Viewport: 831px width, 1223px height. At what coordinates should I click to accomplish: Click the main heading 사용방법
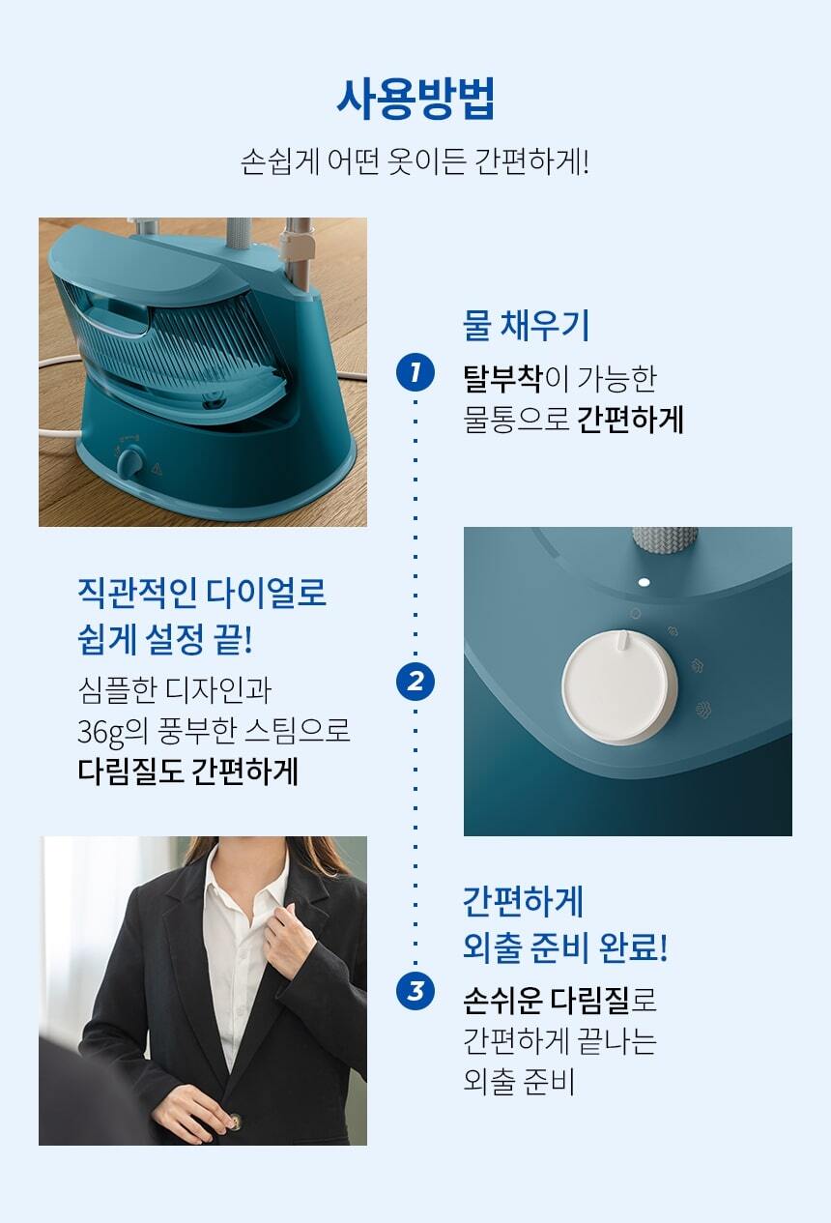click(415, 99)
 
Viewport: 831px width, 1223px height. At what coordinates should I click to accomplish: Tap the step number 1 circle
click(415, 372)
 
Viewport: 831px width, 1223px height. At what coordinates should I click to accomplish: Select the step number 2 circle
click(415, 681)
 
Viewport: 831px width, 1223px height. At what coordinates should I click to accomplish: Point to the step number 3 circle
click(415, 990)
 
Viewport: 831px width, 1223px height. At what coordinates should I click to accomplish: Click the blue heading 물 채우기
click(526, 326)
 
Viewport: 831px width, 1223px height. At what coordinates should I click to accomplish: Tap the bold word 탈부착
click(502, 378)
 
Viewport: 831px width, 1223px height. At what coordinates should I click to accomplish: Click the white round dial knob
click(619, 686)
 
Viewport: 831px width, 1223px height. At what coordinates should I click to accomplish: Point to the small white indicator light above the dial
click(644, 582)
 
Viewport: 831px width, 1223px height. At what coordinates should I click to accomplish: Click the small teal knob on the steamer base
click(129, 462)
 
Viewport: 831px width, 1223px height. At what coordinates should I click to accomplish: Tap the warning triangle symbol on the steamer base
click(158, 468)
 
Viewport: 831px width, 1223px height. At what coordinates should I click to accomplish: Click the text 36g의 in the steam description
click(113, 732)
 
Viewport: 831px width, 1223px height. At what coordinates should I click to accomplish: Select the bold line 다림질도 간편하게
click(188, 772)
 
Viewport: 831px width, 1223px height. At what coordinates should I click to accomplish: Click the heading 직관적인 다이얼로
click(202, 593)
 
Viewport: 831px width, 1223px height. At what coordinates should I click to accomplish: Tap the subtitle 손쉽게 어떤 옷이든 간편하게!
click(415, 161)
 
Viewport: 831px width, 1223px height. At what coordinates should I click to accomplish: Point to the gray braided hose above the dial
click(665, 540)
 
